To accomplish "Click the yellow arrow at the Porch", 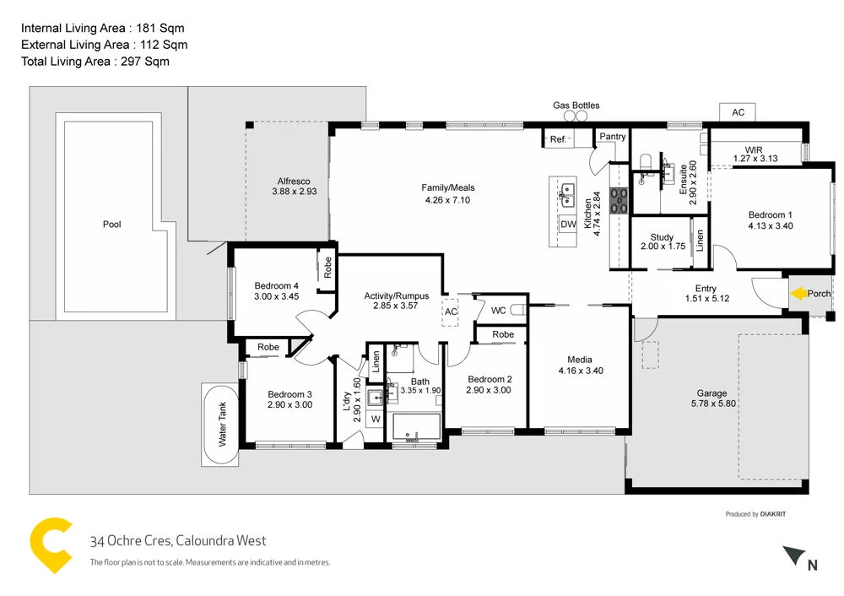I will click(x=798, y=294).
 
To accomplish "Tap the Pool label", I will click(x=111, y=225).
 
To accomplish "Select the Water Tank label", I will click(x=223, y=424).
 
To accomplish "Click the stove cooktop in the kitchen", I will click(x=619, y=200).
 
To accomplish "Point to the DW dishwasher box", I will click(x=568, y=225).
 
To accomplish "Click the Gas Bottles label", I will click(x=576, y=106).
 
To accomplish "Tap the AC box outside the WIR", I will click(x=738, y=112).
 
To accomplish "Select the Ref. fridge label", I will click(x=558, y=139).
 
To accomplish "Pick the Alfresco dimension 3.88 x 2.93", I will click(x=294, y=192).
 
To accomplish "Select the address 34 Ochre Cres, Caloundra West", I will click(x=178, y=541).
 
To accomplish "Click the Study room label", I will click(x=663, y=237).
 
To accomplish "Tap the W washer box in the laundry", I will click(x=375, y=419).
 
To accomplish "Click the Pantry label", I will click(x=612, y=136).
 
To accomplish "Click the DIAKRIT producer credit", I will click(x=775, y=514).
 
